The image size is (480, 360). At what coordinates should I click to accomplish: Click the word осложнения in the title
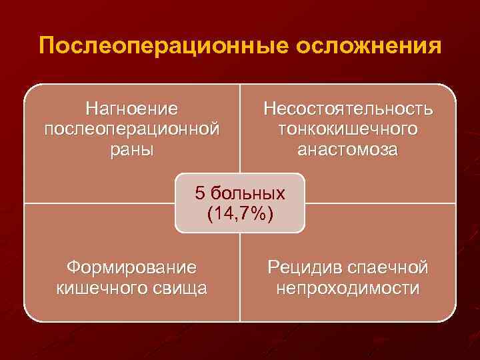(x=363, y=47)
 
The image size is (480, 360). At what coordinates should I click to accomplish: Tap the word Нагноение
(x=131, y=107)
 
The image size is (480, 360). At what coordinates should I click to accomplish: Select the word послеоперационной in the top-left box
(x=131, y=127)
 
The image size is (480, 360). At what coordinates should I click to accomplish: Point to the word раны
(x=131, y=149)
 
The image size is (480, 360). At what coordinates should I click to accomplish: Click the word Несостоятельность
(x=347, y=108)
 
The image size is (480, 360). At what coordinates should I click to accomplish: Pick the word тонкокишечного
(x=347, y=128)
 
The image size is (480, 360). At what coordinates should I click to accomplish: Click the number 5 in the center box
(x=200, y=193)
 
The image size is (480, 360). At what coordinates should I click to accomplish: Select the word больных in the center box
(x=247, y=194)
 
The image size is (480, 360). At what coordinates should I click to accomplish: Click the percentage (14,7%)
(x=240, y=215)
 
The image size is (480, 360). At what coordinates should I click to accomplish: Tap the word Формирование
(x=131, y=267)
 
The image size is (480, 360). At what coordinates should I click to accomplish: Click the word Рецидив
(x=304, y=267)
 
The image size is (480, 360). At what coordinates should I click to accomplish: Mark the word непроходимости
(x=347, y=289)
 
